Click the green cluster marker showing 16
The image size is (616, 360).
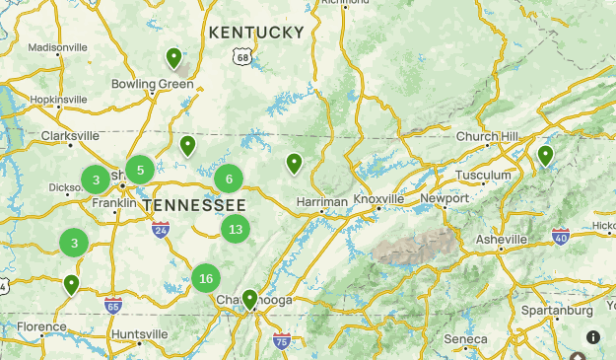tap(205, 278)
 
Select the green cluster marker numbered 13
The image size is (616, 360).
tap(235, 230)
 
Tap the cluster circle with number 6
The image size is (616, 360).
tap(229, 179)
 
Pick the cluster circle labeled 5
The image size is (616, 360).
tap(140, 170)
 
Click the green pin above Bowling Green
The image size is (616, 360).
tap(173, 59)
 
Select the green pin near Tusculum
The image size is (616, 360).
tap(545, 156)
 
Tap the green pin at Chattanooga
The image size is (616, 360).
tap(250, 299)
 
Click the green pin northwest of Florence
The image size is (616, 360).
tap(71, 285)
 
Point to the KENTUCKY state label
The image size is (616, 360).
tap(256, 33)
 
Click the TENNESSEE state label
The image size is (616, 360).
tap(194, 204)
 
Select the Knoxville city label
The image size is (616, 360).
tap(379, 199)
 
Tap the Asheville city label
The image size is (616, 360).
tap(501, 240)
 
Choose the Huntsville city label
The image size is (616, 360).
tap(139, 334)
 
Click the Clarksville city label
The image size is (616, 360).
tap(70, 136)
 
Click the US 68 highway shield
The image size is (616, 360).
tap(242, 58)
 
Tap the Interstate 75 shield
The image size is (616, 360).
tap(282, 341)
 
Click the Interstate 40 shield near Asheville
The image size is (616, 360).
tap(560, 236)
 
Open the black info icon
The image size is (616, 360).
tap(593, 336)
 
